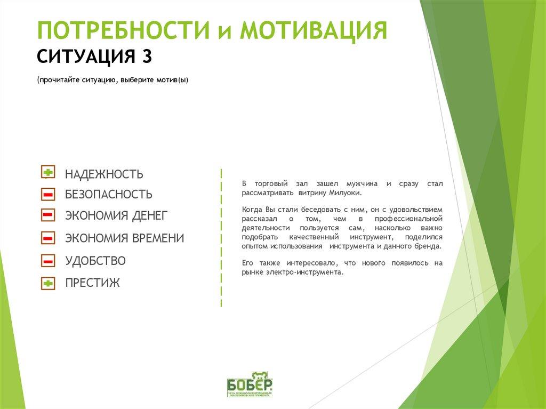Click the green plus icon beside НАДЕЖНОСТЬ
pyautogui.click(x=47, y=172)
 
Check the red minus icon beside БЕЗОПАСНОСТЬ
pyautogui.click(x=47, y=194)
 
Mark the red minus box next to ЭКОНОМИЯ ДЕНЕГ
pyautogui.click(x=47, y=215)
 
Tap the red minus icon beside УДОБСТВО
pyautogui.click(x=47, y=261)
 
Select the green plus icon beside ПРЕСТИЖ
pyautogui.click(x=47, y=283)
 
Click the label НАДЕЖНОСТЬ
pyautogui.click(x=104, y=174)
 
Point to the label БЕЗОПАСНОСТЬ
pyautogui.click(x=108, y=195)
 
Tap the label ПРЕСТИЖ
pyautogui.click(x=92, y=283)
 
